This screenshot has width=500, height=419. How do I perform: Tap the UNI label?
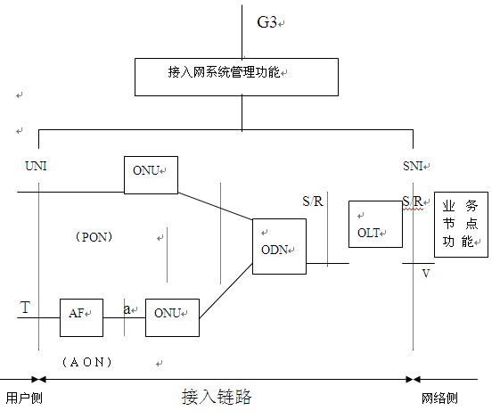point(36,167)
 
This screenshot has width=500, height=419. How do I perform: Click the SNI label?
point(415,167)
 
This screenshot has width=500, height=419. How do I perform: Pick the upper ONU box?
point(151,175)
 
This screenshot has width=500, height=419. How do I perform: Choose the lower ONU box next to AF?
point(172,317)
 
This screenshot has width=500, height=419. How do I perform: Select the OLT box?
point(374,224)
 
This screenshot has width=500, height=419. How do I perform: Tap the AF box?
point(81,317)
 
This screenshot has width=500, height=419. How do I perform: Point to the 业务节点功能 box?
point(461,224)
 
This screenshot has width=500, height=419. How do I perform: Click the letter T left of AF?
point(25,308)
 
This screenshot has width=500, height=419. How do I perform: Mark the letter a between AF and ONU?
point(127,308)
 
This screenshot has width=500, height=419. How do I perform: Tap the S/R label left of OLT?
point(314,201)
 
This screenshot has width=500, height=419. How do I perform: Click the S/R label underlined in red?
point(411,201)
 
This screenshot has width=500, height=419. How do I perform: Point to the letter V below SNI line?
point(426,274)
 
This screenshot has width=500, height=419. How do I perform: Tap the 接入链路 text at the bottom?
point(214,396)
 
